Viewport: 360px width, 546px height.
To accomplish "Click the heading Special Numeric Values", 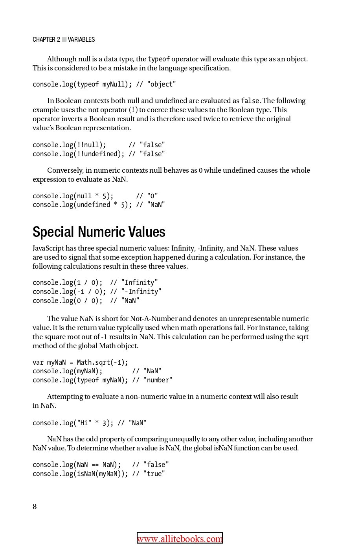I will coord(99,232).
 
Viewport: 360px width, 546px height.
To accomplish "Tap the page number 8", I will coord(35,507).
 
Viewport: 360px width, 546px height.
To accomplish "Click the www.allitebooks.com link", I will coord(180,539).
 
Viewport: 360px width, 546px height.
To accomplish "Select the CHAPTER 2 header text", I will coord(46,39).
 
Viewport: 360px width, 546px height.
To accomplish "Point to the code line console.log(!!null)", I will coord(69,145).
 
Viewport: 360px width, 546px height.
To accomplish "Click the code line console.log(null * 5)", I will coord(73,196).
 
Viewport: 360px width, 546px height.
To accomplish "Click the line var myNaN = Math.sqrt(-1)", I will coord(80,362).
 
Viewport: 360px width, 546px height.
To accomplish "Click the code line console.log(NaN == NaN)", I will coord(77,465).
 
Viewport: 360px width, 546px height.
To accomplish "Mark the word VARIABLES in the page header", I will coord(81,39).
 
